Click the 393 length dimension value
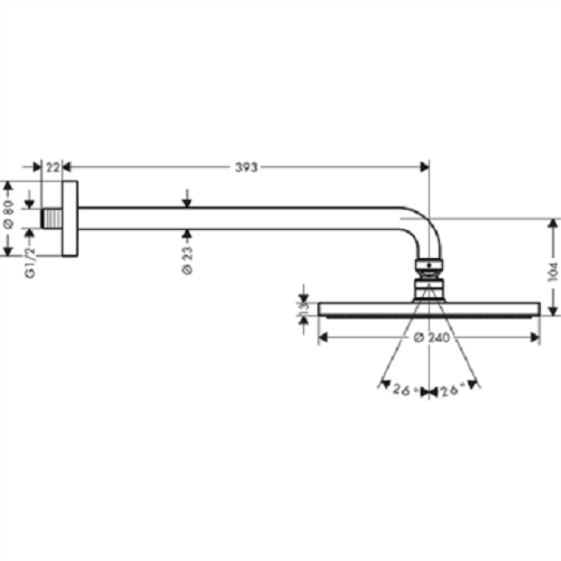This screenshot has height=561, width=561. (x=246, y=167)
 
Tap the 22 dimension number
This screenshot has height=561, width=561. (x=53, y=167)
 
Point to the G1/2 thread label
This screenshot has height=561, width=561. (x=30, y=263)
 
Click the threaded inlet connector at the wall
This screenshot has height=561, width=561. (x=50, y=218)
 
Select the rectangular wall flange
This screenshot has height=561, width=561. (x=70, y=219)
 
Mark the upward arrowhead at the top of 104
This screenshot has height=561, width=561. (x=553, y=224)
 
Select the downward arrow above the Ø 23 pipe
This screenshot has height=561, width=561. (x=186, y=201)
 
